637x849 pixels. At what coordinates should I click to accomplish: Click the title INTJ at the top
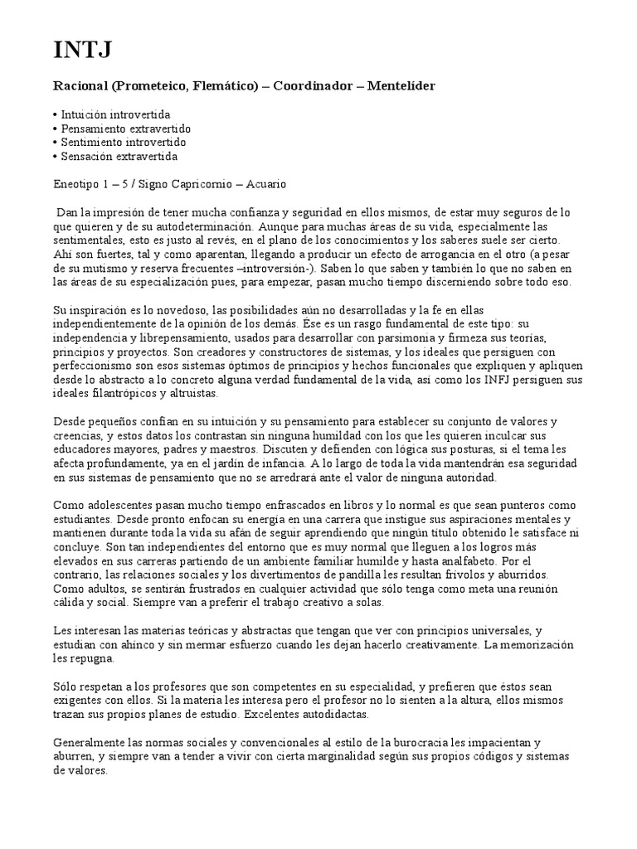coord(81,51)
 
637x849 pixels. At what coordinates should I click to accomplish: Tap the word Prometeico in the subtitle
coord(150,86)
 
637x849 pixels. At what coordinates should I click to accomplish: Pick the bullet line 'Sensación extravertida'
coord(119,156)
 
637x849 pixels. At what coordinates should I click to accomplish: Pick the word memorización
coord(558,644)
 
